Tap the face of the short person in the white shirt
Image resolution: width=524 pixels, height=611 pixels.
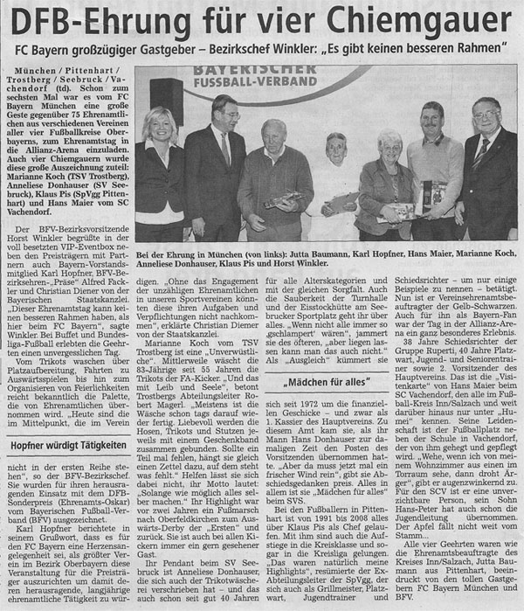pyautogui.click(x=336, y=147)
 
